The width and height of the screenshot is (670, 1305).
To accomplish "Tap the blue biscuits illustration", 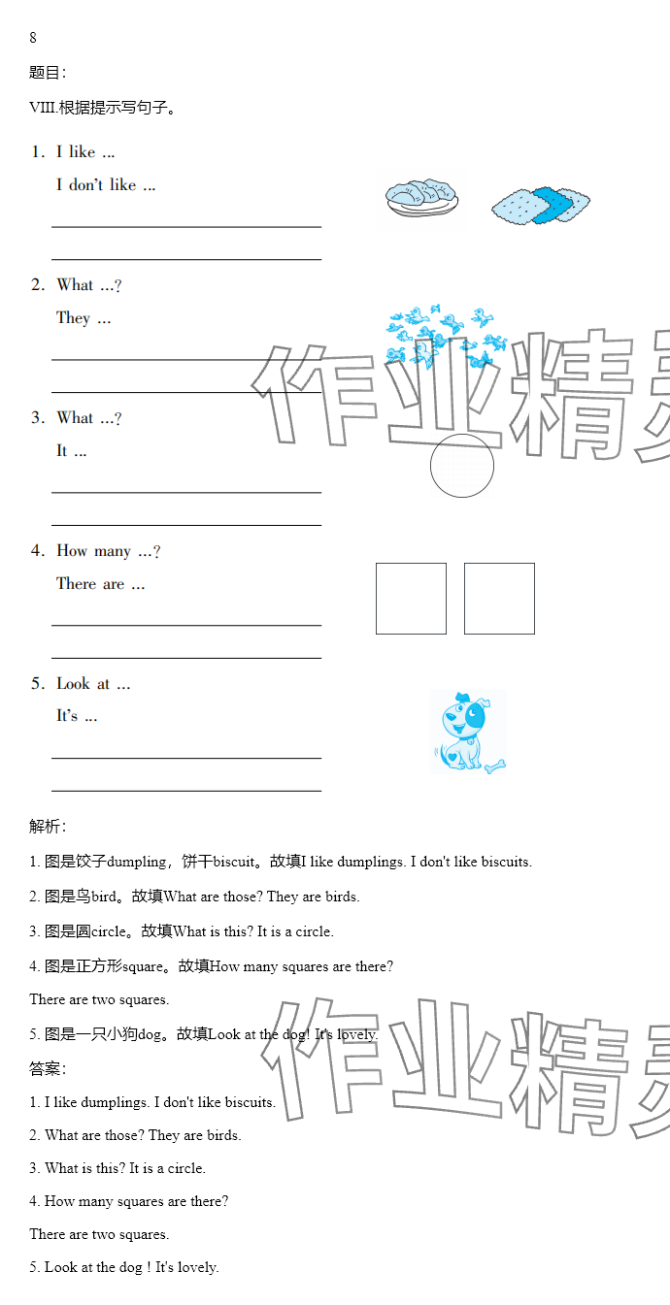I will [x=540, y=205].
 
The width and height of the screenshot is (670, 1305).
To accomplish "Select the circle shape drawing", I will [x=462, y=466].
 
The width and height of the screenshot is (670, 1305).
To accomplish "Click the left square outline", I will [x=411, y=599].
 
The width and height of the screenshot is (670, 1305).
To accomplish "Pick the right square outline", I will [x=499, y=599].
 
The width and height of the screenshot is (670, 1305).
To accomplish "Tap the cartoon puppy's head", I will [x=464, y=715].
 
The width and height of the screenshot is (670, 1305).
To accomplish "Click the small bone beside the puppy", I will [x=497, y=767].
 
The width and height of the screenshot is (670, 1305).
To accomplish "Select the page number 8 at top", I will [x=33, y=38].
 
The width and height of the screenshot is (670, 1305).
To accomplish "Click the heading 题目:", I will [x=48, y=73].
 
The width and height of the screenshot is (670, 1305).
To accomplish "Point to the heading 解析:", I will [x=48, y=827].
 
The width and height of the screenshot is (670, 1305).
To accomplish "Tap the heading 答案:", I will [x=48, y=1069].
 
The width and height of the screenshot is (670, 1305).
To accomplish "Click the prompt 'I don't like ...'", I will [x=106, y=184].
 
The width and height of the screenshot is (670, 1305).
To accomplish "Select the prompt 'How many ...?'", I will [x=108, y=551].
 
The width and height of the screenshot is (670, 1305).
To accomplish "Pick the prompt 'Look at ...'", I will [x=93, y=684].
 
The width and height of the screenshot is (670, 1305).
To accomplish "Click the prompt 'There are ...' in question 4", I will [x=100, y=584].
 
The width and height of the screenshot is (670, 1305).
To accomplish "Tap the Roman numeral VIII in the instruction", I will [x=42, y=108].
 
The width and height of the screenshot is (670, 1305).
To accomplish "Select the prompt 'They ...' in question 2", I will [x=84, y=318].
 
